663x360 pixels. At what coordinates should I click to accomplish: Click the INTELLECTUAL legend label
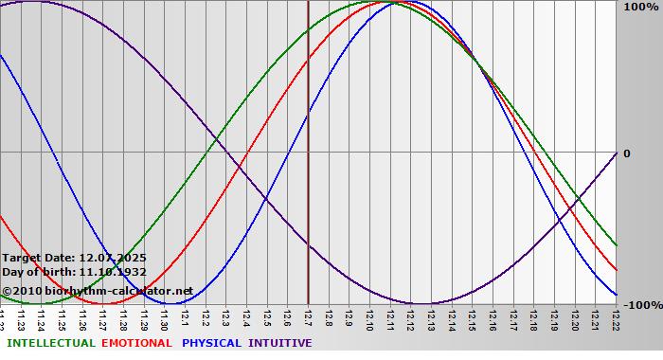(50, 343)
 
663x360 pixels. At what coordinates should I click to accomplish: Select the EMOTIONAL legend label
(136, 343)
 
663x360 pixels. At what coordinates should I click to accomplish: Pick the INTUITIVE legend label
(280, 343)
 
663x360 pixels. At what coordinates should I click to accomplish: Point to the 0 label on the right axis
(626, 153)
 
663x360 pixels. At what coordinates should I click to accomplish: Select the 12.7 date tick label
(309, 318)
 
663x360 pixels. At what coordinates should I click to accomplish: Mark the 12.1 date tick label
(186, 318)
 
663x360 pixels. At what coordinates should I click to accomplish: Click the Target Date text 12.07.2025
(113, 258)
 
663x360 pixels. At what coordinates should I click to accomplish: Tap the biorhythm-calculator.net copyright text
(97, 291)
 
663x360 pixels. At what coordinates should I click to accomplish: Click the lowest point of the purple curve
(421, 304)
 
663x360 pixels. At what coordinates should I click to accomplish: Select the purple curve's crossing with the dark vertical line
(309, 243)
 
